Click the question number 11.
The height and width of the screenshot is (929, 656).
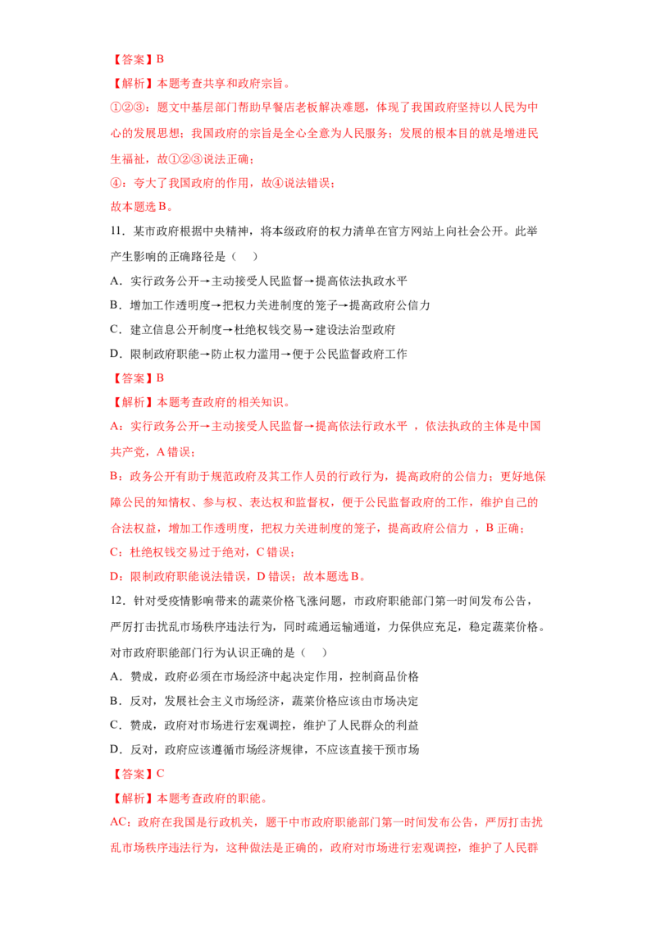[x=116, y=231]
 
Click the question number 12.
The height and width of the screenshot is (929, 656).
[x=116, y=601]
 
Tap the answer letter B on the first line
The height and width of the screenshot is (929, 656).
[x=160, y=59]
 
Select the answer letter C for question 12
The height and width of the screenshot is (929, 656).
[x=160, y=774]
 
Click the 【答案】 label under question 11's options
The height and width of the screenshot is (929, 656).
[x=133, y=378]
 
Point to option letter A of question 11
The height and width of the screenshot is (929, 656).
[x=115, y=281]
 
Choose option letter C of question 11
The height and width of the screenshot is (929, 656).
[x=115, y=329]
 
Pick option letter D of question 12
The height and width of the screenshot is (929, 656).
[x=115, y=749]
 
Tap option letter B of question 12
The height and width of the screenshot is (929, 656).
[x=115, y=701]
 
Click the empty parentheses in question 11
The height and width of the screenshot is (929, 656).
[x=244, y=257]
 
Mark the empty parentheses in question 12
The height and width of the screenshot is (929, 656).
[x=314, y=653]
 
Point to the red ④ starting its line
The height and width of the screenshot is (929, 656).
[x=116, y=183]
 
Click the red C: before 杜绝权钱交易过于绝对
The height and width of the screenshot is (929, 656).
[x=116, y=552]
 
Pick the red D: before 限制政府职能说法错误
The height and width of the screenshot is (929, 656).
[x=116, y=576]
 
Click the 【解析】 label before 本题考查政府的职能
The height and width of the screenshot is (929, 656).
[x=133, y=798]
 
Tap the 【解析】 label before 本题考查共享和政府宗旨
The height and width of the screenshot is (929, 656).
[x=133, y=84]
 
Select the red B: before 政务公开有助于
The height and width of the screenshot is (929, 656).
[x=116, y=476]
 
